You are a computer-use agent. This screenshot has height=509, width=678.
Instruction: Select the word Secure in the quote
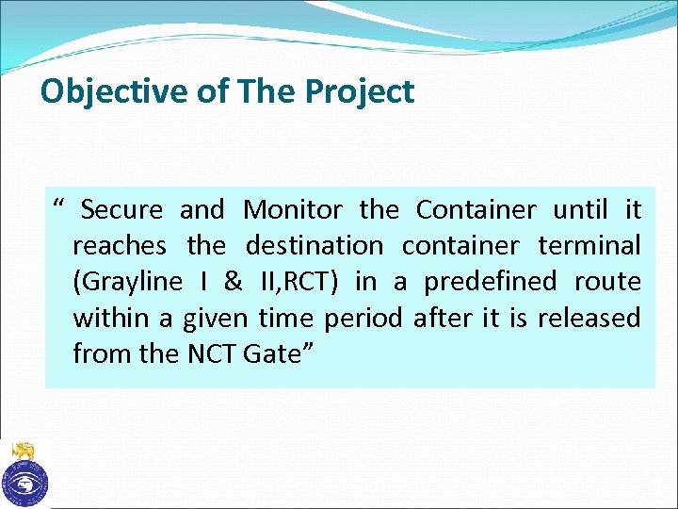121,209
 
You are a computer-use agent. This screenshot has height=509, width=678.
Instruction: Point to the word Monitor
297,209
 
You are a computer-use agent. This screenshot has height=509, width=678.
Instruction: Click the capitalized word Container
476,209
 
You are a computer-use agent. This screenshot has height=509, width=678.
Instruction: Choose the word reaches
120,246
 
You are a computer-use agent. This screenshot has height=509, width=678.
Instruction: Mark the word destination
315,246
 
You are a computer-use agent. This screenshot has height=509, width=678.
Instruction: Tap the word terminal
589,246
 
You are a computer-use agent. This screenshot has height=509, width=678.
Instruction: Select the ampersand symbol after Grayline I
234,283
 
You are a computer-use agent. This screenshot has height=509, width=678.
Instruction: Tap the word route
609,283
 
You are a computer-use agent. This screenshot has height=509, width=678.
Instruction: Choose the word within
110,319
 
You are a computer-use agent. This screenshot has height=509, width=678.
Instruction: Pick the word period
363,319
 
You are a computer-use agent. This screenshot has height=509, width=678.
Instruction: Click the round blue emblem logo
24,483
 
